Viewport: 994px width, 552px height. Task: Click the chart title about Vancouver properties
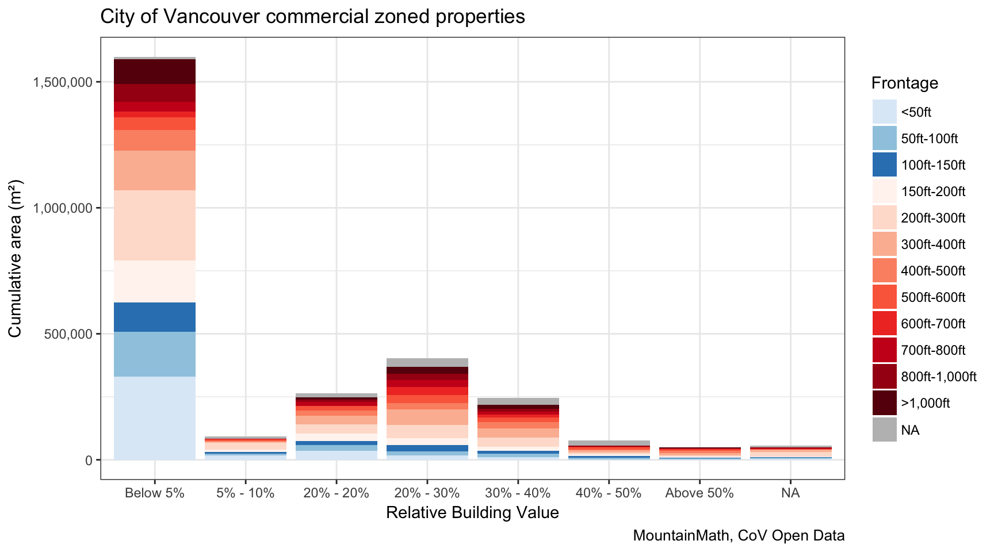(312, 17)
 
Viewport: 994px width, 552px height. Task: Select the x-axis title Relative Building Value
(472, 512)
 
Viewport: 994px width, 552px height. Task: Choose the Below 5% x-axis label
(154, 493)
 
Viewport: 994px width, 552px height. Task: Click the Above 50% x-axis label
(699, 493)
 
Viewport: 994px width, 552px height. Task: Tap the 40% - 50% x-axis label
(608, 493)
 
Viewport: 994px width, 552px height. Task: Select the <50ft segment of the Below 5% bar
(154, 418)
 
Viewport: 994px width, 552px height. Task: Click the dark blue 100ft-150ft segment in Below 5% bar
(154, 317)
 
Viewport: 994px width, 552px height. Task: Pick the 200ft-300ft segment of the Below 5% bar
(154, 225)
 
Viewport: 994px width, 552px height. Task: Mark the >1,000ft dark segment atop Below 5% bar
(154, 71)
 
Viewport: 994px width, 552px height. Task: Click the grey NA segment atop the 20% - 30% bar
(427, 362)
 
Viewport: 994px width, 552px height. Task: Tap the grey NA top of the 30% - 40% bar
(518, 401)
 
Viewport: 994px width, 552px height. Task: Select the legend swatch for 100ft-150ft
(884, 165)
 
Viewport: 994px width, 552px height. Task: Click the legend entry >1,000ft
(925, 403)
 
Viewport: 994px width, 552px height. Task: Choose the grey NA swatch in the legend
(884, 430)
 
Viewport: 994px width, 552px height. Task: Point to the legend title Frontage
(904, 83)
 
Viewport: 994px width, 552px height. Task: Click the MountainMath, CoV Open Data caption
(739, 535)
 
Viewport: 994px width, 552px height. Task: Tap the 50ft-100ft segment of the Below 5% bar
(154, 354)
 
